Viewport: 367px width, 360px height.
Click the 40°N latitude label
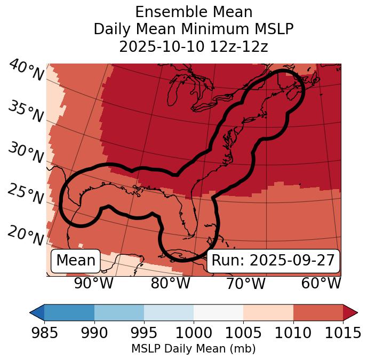26,71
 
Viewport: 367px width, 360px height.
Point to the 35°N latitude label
26,112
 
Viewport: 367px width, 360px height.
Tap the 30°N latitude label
26,154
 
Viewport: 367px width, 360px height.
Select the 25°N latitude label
26,195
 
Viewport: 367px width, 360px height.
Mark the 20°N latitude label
26,236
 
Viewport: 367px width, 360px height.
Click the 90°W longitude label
93,284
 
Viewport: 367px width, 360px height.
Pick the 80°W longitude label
170,284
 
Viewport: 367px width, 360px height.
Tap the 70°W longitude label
246,284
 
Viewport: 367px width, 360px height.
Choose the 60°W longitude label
321,284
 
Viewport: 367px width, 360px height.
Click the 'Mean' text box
76,261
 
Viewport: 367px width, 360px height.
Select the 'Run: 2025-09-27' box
273,261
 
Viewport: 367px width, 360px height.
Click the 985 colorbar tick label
44,333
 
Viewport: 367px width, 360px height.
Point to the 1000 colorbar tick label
194,333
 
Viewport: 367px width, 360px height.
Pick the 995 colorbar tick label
144,333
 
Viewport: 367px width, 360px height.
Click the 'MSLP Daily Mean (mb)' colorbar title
193,349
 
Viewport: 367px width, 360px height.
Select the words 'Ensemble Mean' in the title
193,12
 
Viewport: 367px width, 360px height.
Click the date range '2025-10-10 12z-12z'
193,46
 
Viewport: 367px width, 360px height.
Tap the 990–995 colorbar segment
119,312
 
